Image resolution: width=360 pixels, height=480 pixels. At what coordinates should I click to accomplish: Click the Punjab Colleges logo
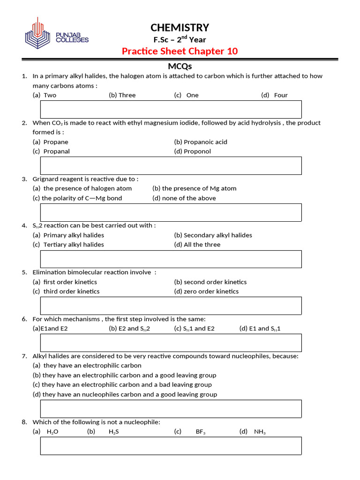click(x=56, y=33)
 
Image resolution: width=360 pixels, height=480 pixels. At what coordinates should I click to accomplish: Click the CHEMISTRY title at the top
click(x=180, y=27)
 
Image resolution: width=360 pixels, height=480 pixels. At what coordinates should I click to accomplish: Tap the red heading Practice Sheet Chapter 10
click(x=180, y=51)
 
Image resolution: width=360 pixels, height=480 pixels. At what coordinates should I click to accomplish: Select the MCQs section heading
click(x=180, y=67)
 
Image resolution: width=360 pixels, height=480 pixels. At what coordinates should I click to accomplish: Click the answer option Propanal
click(x=56, y=151)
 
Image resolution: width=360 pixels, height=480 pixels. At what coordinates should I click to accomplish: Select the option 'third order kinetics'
click(x=71, y=292)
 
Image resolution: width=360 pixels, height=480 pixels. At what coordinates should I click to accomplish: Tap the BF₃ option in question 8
click(x=200, y=432)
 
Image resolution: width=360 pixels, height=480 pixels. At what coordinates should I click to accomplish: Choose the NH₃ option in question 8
click(x=260, y=432)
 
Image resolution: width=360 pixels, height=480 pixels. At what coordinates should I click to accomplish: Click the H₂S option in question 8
click(x=113, y=432)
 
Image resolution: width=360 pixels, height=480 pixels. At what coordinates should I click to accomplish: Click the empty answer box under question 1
click(x=171, y=109)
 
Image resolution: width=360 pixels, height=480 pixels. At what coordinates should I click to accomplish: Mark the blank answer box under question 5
click(x=171, y=306)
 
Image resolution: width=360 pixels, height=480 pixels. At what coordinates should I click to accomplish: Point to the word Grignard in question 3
click(x=46, y=179)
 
